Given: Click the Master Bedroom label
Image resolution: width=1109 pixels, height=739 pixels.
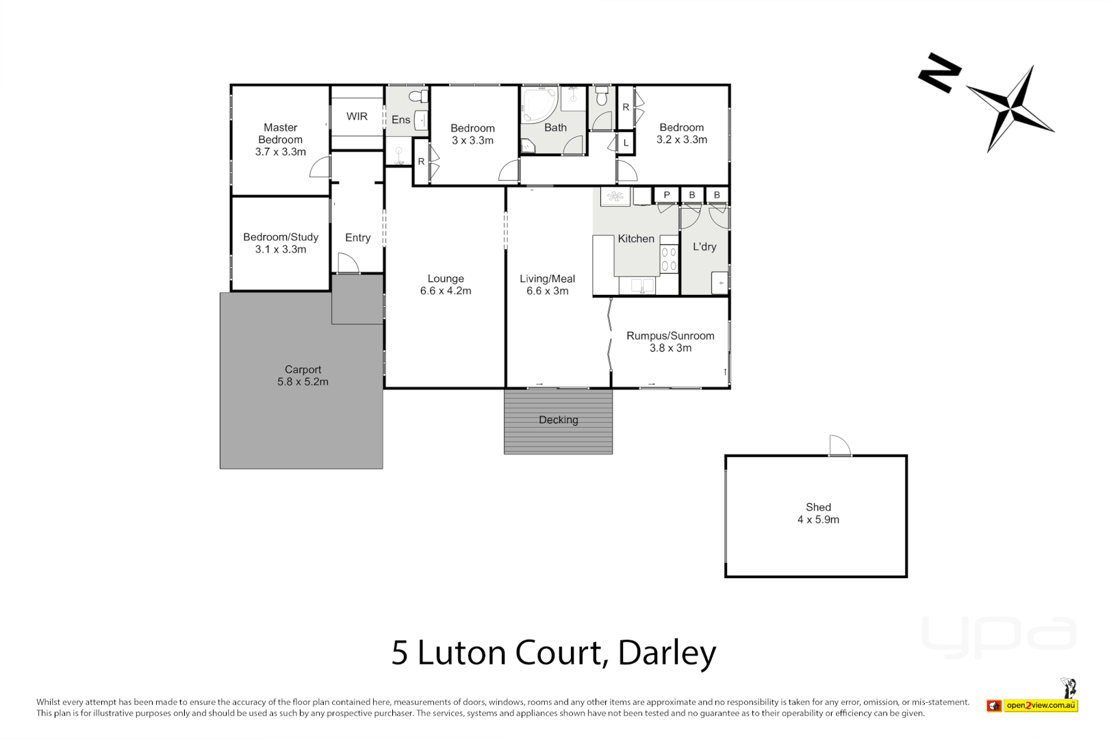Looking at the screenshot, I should pyautogui.click(x=280, y=133).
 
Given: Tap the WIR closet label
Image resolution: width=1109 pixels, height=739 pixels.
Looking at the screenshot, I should pyautogui.click(x=357, y=116).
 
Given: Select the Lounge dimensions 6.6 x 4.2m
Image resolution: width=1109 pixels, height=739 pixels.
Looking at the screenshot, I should pyautogui.click(x=446, y=291).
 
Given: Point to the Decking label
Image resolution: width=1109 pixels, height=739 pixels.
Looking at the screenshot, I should pyautogui.click(x=558, y=420).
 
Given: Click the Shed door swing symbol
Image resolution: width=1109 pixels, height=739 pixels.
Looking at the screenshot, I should pyautogui.click(x=839, y=445).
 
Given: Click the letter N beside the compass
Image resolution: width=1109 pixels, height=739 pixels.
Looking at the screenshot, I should pyautogui.click(x=939, y=73).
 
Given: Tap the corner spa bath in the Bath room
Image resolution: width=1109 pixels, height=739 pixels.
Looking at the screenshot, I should pyautogui.click(x=539, y=104).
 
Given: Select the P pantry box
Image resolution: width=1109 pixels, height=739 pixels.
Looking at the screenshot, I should pyautogui.click(x=666, y=195).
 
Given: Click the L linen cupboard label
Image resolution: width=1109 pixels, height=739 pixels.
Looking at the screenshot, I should pyautogui.click(x=626, y=143).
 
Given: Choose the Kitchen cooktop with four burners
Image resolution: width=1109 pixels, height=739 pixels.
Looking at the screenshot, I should pyautogui.click(x=669, y=259).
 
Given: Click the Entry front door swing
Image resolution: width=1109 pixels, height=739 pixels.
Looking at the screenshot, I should pyautogui.click(x=347, y=263).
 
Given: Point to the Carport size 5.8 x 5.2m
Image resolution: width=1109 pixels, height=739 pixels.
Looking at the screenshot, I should pyautogui.click(x=303, y=382).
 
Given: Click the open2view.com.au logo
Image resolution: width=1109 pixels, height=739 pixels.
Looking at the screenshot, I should pyautogui.click(x=1041, y=705).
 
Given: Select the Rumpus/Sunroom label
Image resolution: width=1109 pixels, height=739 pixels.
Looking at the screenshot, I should pyautogui.click(x=670, y=336).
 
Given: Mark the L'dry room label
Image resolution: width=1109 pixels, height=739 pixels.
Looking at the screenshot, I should pyautogui.click(x=704, y=247).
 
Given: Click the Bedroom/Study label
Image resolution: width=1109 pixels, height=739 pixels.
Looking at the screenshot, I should pyautogui.click(x=281, y=237).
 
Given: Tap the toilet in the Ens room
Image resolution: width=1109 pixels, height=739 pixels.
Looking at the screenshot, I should pyautogui.click(x=418, y=96).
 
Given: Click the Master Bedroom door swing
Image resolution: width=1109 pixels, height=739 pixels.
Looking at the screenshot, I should pyautogui.click(x=320, y=168).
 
